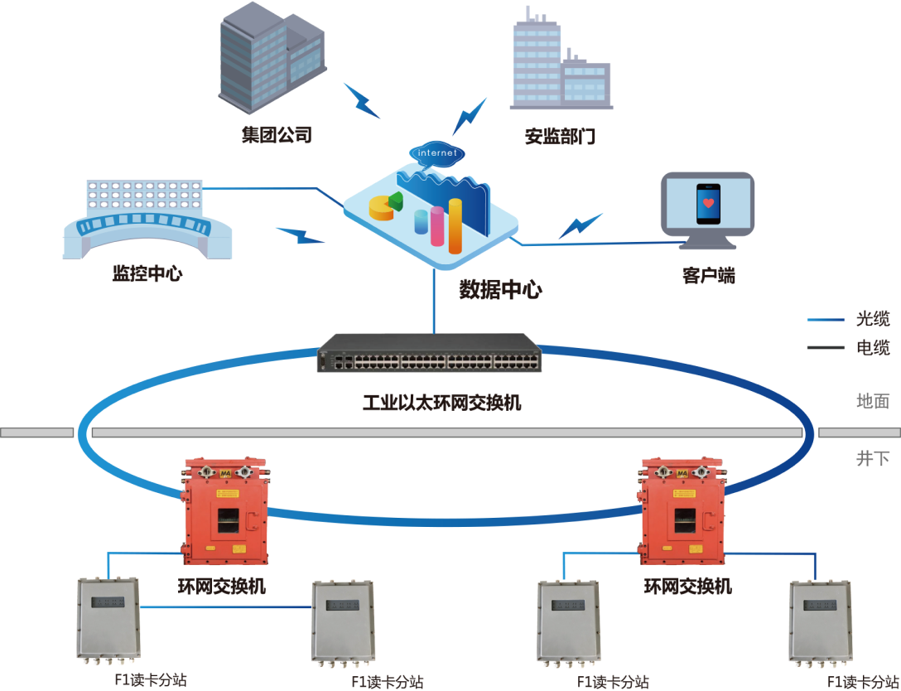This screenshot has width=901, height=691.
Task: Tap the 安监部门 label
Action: click(x=560, y=137)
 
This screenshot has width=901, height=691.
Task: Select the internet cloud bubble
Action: click(x=437, y=153)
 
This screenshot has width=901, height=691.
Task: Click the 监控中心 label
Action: click(x=147, y=273)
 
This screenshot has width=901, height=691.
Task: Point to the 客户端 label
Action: click(x=709, y=276)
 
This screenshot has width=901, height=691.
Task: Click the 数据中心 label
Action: click(x=501, y=290)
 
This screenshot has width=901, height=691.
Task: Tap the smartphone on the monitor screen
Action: click(x=706, y=203)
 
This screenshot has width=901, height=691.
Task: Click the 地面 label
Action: click(x=872, y=402)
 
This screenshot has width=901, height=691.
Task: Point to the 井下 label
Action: click(x=872, y=458)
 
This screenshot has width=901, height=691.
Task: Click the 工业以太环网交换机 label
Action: click(x=442, y=403)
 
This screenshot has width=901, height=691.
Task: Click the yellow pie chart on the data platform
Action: click(x=381, y=208)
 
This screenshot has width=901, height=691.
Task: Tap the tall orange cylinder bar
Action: click(x=455, y=225)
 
